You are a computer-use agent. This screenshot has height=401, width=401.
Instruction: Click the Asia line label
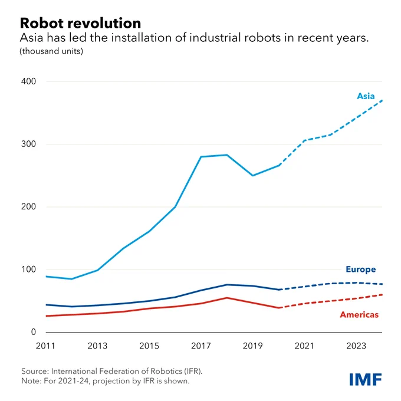[x=366, y=96]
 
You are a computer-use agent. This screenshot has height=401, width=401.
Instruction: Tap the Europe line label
[x=360, y=269]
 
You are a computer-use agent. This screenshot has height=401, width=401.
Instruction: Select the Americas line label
[x=359, y=314]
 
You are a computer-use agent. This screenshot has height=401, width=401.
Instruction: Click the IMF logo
[x=366, y=379]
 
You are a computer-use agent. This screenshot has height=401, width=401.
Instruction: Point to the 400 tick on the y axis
[x=28, y=81]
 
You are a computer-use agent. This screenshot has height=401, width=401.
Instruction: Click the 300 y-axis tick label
[x=28, y=144]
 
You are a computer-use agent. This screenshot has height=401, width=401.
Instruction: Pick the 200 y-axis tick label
[x=28, y=206]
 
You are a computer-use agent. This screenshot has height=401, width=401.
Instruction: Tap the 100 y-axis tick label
[x=28, y=269]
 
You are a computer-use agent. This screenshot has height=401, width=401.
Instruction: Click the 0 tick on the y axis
[x=33, y=332]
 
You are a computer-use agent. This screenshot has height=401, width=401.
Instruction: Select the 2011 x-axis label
[x=45, y=346]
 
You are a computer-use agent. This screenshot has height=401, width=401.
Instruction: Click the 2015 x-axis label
[x=149, y=346]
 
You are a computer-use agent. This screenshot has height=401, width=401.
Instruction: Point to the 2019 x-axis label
[x=252, y=346]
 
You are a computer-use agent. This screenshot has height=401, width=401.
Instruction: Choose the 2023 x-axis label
[x=356, y=346]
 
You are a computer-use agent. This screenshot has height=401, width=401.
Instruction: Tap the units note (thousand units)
[x=51, y=51]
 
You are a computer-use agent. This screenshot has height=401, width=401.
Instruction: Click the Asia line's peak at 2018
[x=227, y=155]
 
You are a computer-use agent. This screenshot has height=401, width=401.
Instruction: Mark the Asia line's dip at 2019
[x=252, y=176]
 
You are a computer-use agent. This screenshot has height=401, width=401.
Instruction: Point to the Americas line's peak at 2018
[x=227, y=298]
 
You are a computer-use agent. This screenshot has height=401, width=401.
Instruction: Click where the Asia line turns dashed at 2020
[x=279, y=165]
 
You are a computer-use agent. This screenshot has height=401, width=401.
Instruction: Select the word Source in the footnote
[x=35, y=371]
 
